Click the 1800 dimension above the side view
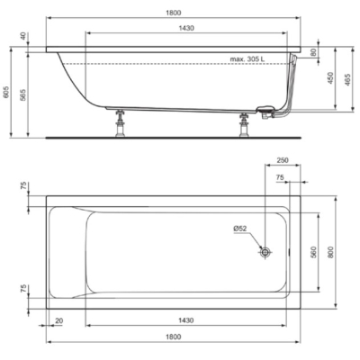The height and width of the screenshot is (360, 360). click(174, 13)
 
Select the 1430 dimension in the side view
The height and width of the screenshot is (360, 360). click(186, 28)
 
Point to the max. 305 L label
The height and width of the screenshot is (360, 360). click(247, 59)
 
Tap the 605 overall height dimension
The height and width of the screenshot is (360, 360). click(6, 93)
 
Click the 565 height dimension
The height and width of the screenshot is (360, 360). click(22, 95)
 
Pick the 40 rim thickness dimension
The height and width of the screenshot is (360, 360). click(22, 36)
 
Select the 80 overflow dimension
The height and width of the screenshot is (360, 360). click(313, 52)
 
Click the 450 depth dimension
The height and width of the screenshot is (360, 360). click(330, 78)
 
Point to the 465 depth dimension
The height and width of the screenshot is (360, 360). click(347, 80)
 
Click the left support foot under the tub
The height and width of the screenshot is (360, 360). click(121, 123)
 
